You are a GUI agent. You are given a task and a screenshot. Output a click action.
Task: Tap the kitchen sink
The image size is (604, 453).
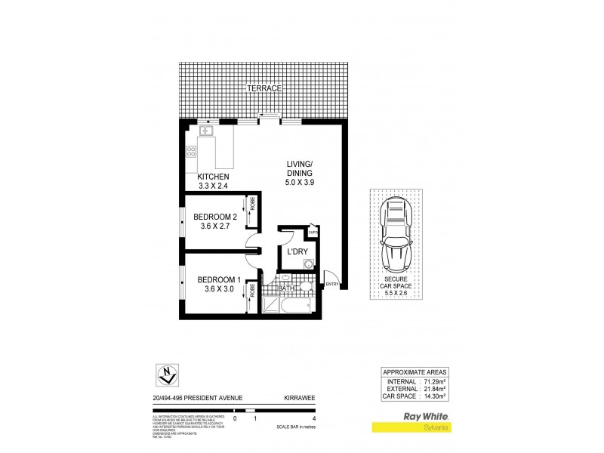point(208,132)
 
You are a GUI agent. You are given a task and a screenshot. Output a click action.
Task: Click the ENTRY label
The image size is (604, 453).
point(331,284)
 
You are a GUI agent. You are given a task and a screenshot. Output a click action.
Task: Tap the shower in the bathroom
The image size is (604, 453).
point(270,305)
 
